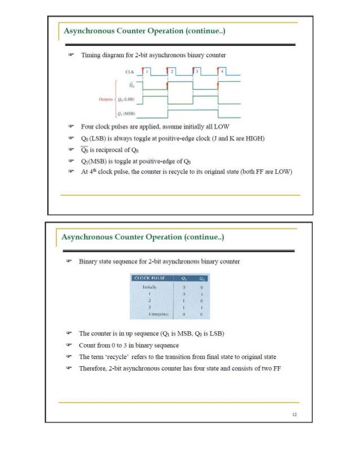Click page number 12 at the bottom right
(x=295, y=415)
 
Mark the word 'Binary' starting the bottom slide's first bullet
(x=89, y=262)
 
